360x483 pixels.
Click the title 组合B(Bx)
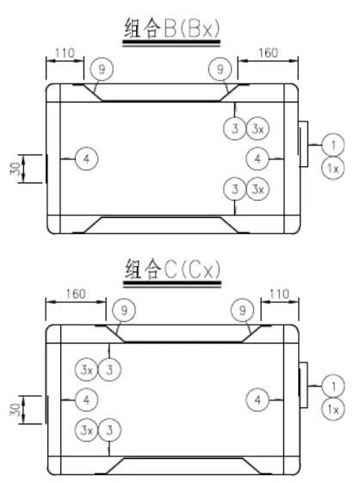[172, 28]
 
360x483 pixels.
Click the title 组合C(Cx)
[172, 269]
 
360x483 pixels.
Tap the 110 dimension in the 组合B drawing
[65, 53]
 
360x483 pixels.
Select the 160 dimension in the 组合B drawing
[268, 53]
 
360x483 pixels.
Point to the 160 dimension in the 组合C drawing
[76, 294]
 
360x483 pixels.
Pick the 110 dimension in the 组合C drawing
[279, 294]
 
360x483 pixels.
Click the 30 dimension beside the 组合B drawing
[16, 169]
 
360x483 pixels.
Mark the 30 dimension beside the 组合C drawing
[16, 410]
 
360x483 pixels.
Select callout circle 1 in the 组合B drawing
[333, 145]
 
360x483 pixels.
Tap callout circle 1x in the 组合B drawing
[333, 168]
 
